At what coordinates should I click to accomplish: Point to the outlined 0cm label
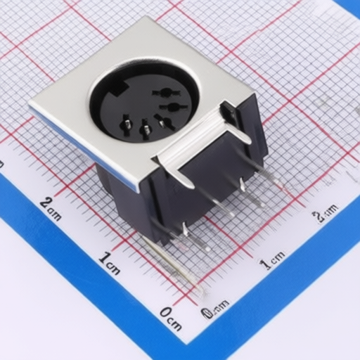point(215,307)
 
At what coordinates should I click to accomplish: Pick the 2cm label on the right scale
point(325,211)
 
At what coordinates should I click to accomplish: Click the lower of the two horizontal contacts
point(171,108)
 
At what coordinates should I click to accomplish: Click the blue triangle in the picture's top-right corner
point(351,7)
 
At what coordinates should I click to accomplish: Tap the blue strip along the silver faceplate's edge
point(91,155)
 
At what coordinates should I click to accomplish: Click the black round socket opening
point(144,98)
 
